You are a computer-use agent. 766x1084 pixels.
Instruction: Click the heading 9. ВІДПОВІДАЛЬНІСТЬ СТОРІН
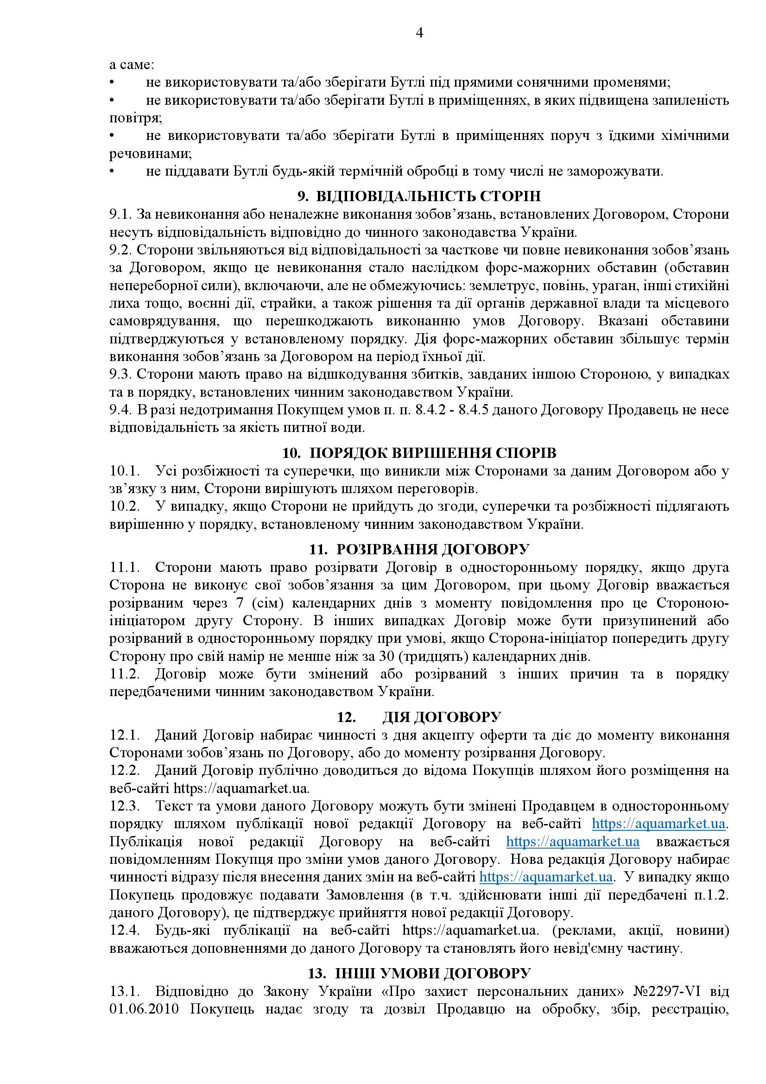click(x=419, y=196)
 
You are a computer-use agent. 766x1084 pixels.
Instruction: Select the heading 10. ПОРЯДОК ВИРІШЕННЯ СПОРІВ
click(x=419, y=453)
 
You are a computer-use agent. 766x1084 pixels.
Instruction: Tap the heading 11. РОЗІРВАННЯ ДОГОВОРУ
click(x=419, y=550)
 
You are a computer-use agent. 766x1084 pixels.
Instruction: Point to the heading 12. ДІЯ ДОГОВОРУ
click(x=419, y=717)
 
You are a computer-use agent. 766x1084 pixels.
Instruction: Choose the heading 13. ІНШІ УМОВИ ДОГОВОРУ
click(x=419, y=974)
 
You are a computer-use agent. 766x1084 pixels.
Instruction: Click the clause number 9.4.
click(x=120, y=410)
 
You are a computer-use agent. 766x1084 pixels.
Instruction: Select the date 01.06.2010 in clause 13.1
click(x=146, y=1010)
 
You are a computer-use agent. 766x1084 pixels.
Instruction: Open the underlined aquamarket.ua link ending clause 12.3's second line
click(x=658, y=824)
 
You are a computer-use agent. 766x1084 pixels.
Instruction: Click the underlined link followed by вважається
click(x=572, y=842)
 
